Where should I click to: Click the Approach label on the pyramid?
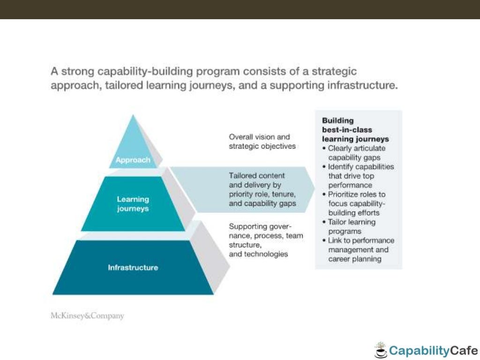134,160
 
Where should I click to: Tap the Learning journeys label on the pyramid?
133,204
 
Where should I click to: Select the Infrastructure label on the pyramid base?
133,268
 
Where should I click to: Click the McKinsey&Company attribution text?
87,315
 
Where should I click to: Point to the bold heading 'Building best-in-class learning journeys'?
355,130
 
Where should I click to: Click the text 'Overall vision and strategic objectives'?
262,141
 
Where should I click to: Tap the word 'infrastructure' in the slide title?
361,86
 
